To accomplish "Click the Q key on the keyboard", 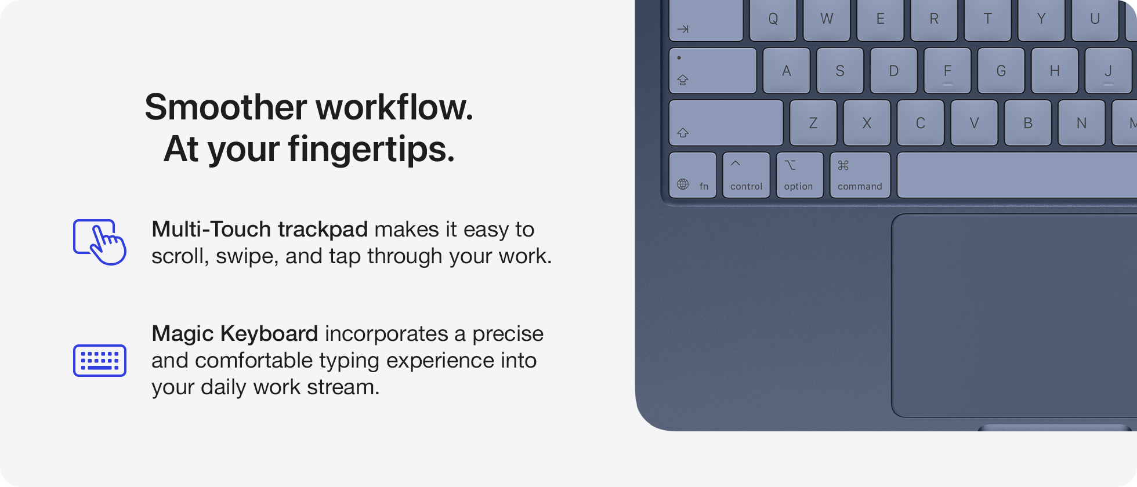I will pyautogui.click(x=773, y=20).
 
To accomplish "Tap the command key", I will pyautogui.click(x=860, y=175).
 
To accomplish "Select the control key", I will pyautogui.click(x=746, y=175).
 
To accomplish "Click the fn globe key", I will pyautogui.click(x=693, y=175).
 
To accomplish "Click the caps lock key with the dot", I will pyautogui.click(x=712, y=70).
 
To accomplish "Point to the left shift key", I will pyautogui.click(x=725, y=123).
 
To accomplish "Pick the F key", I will pyautogui.click(x=947, y=71).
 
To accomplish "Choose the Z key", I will pyautogui.click(x=813, y=123).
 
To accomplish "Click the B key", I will pyautogui.click(x=1028, y=123).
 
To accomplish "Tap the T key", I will pyautogui.click(x=987, y=20).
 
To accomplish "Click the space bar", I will pyautogui.click(x=1015, y=175).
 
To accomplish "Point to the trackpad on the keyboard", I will pyautogui.click(x=1015, y=316).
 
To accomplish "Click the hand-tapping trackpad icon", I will pyautogui.click(x=100, y=242).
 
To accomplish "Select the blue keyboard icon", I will pyautogui.click(x=100, y=361).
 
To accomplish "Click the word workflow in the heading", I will pyautogui.click(x=394, y=108).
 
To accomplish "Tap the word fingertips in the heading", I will pyautogui.click(x=371, y=150).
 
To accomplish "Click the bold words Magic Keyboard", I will pyautogui.click(x=234, y=334).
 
